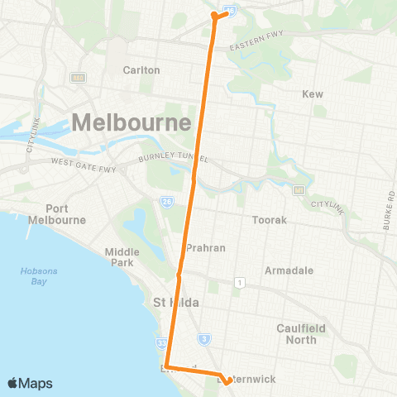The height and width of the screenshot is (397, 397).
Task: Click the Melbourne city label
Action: pyautogui.click(x=132, y=122)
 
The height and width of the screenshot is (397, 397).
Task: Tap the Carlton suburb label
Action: pyautogui.click(x=141, y=70)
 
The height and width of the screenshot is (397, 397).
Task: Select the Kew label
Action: pyautogui.click(x=313, y=95)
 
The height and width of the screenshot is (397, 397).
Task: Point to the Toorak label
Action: pyautogui.click(x=268, y=221)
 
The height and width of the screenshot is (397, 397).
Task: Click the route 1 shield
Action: pyautogui.click(x=239, y=283)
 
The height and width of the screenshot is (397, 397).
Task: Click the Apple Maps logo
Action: pyautogui.click(x=29, y=383)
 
